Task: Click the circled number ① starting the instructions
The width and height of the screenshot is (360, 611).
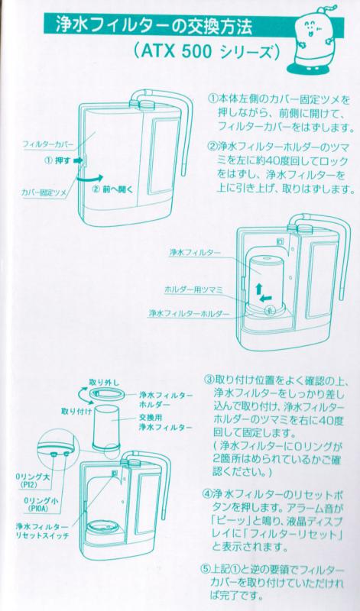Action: click(x=212, y=99)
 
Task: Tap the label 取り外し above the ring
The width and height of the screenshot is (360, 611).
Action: click(x=102, y=380)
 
